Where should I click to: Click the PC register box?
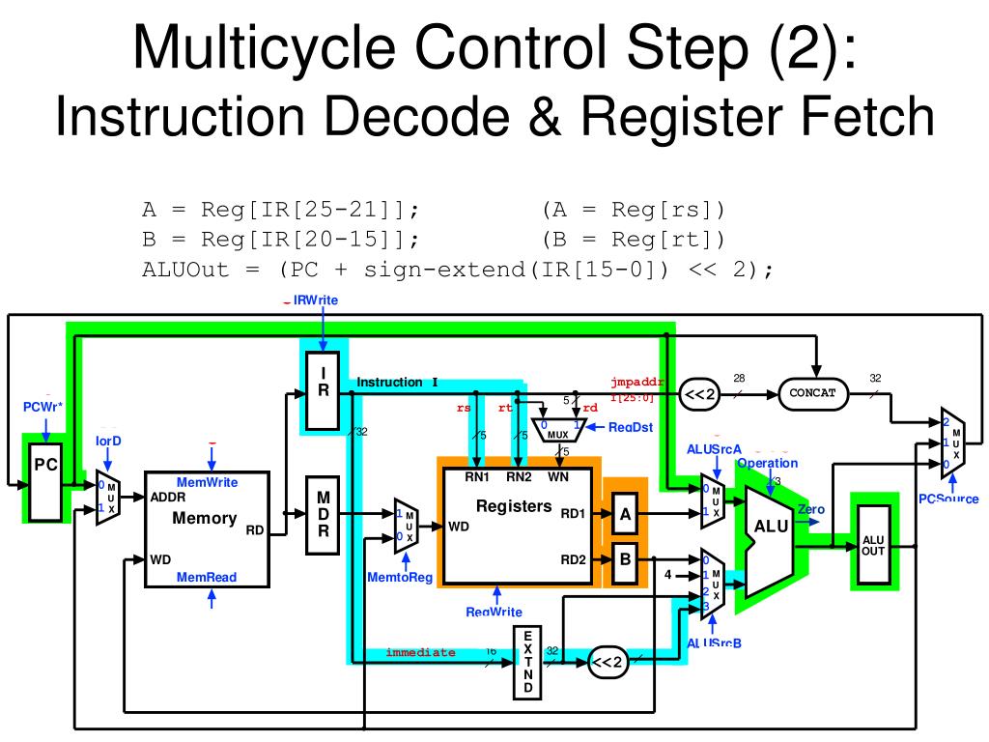click(x=45, y=480)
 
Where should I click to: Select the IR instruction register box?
click(x=323, y=391)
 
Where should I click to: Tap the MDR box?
click(x=324, y=516)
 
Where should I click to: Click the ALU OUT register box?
click(x=872, y=545)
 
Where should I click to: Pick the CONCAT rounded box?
click(x=812, y=393)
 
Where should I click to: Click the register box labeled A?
click(x=625, y=515)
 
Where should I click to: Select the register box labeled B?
click(x=625, y=559)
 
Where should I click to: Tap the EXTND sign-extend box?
click(x=527, y=662)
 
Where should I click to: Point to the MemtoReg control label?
click(x=400, y=578)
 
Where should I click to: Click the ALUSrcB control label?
click(x=714, y=644)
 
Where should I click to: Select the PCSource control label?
click(x=947, y=499)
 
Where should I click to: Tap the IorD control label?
click(x=107, y=441)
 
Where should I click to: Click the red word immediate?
click(x=420, y=652)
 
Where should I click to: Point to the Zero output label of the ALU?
click(x=810, y=509)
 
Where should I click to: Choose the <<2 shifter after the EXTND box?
click(x=608, y=663)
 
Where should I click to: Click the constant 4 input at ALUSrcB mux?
click(x=666, y=575)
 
